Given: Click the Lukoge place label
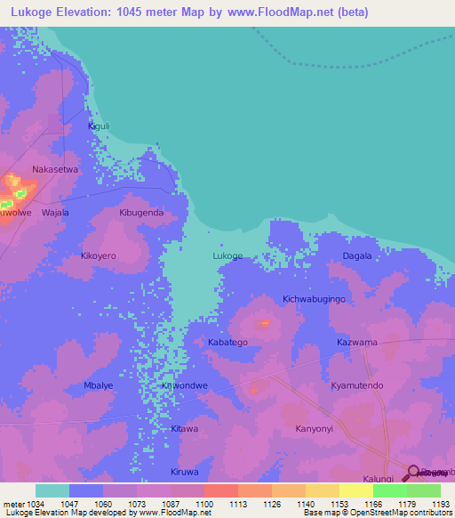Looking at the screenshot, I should [227, 256].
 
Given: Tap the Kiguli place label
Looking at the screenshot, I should [99, 126].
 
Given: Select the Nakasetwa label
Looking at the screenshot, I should [56, 168].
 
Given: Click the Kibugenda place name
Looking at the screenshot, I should [141, 214].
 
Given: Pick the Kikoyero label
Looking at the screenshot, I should [99, 256].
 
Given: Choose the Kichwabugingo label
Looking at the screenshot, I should [314, 299].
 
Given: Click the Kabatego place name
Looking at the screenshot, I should [227, 342].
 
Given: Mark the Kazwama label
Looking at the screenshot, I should [357, 342].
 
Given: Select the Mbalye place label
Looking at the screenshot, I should [99, 385].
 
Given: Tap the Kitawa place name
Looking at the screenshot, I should [185, 429].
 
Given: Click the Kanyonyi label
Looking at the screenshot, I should [314, 429].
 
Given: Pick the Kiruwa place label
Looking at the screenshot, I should [185, 472].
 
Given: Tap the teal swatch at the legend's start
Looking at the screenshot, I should [52, 490].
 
